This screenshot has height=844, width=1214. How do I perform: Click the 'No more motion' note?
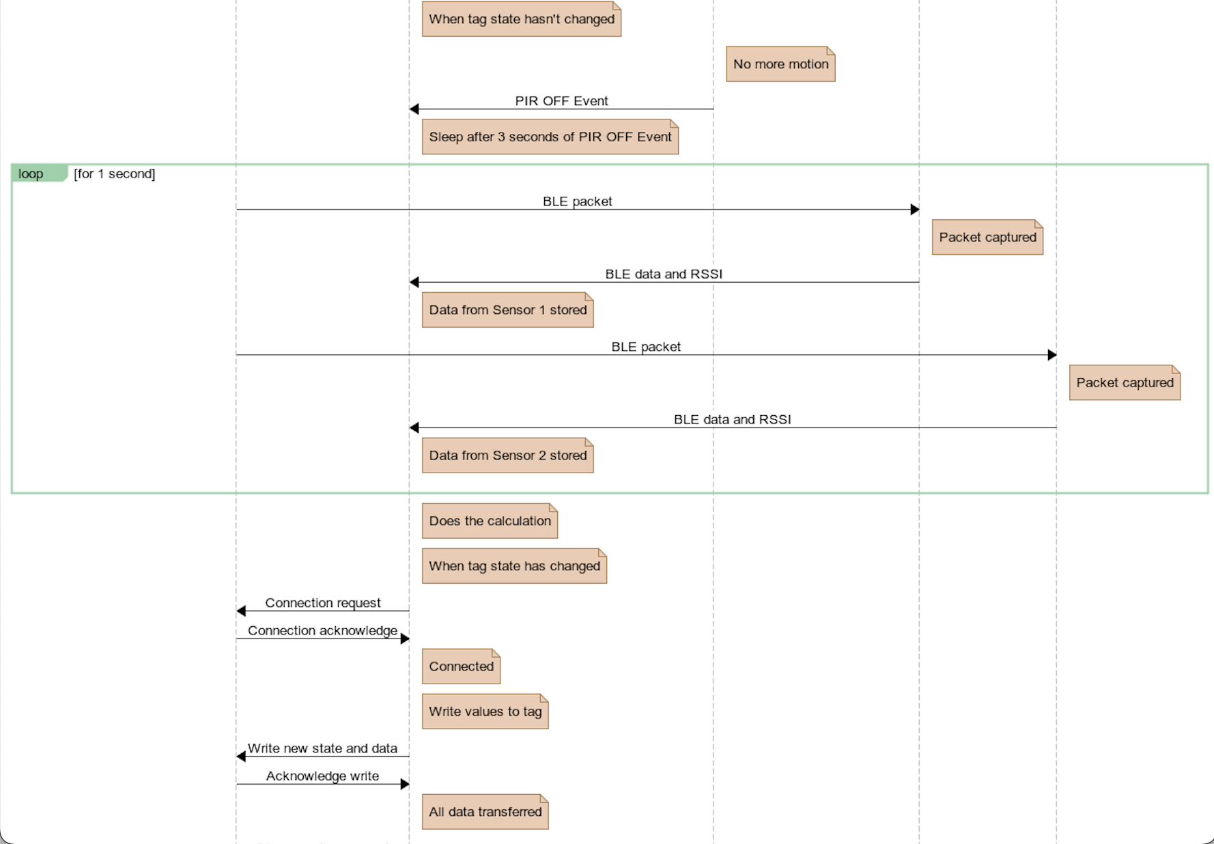780,64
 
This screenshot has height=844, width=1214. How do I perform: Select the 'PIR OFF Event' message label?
561,101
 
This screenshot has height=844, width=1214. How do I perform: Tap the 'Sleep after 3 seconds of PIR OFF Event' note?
550,137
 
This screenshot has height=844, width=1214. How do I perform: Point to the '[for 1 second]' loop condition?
115,173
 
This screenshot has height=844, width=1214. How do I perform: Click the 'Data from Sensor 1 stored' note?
507,310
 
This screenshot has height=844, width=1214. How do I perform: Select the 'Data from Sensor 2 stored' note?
507,455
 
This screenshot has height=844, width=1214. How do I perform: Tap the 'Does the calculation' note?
490,521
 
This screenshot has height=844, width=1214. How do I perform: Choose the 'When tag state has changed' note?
514,566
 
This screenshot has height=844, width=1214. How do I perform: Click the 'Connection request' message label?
323,603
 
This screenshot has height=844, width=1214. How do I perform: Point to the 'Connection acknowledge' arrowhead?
405,638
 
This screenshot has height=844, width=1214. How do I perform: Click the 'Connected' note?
461,666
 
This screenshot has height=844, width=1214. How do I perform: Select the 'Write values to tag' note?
485,712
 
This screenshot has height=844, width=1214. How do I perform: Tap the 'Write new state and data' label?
322,748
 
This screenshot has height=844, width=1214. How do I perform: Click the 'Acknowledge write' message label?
322,776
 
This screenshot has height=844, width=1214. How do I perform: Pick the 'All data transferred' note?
485,812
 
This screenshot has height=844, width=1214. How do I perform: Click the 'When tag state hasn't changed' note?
521,19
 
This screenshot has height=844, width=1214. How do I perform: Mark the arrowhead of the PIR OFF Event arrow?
414,109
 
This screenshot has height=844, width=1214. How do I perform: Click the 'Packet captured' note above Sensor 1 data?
987,238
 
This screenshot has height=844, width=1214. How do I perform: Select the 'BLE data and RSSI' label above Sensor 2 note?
732,419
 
